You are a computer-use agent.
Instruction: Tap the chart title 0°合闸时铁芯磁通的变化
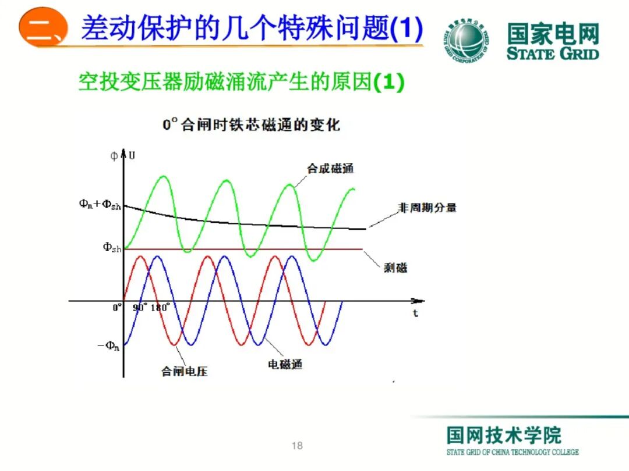251,124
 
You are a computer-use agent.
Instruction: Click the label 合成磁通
330,169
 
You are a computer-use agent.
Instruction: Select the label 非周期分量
427,208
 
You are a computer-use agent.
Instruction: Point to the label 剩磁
395,267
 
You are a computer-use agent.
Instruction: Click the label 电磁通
285,365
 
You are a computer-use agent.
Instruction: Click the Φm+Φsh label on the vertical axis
100,205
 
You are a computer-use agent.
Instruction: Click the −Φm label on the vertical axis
108,347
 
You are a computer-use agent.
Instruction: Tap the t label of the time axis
416,314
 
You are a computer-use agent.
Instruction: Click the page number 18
297,446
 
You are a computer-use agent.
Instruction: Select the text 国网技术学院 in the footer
504,435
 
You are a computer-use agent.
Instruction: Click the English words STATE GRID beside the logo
553,54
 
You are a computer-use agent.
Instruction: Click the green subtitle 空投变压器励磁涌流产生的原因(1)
241,83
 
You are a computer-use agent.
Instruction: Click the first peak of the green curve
163,177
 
